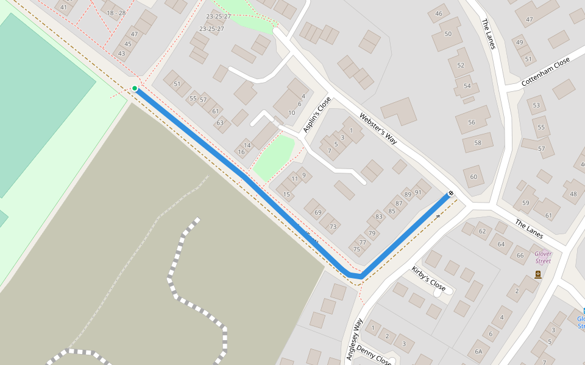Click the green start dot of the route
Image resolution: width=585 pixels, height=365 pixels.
(x=135, y=89)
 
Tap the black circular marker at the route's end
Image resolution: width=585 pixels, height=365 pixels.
(x=450, y=193)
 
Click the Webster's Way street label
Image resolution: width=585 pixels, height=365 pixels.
(x=378, y=128)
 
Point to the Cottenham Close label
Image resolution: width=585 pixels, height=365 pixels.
(x=545, y=72)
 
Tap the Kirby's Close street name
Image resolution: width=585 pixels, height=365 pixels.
(x=428, y=279)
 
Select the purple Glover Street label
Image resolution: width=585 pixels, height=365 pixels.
(x=542, y=257)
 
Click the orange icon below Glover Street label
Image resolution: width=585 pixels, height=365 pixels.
(x=537, y=274)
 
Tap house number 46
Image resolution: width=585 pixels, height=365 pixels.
(x=439, y=14)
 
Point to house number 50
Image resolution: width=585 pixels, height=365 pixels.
(x=448, y=33)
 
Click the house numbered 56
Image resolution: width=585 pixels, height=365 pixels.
(x=471, y=122)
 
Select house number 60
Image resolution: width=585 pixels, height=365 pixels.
(x=473, y=177)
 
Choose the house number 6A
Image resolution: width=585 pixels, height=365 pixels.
(x=478, y=351)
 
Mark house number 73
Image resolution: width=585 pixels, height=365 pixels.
(x=333, y=227)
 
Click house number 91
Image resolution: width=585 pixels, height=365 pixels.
(x=418, y=192)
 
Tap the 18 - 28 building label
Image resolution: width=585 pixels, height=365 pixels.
(x=116, y=13)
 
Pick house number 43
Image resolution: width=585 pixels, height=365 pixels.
(x=121, y=54)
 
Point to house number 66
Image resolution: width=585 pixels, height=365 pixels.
(x=520, y=255)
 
